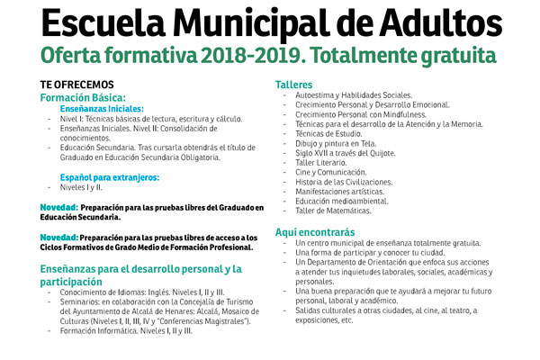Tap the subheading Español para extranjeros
(x=109, y=177)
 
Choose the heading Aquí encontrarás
(x=315, y=231)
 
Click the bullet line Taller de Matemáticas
(x=333, y=211)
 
